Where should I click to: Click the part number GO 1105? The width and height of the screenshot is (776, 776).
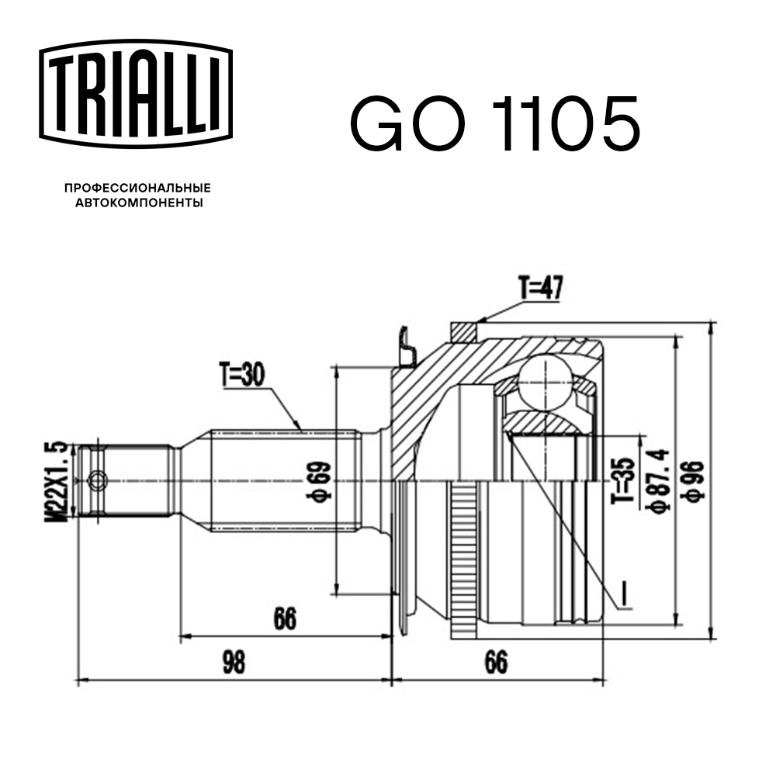[x=495, y=125]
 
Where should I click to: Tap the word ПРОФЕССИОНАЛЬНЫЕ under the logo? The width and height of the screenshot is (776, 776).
[x=137, y=188]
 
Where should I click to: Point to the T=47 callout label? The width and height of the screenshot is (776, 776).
[x=540, y=289]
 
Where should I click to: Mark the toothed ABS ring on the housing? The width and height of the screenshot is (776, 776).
[x=464, y=559]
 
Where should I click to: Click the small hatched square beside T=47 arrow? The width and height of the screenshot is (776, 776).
[x=463, y=331]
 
